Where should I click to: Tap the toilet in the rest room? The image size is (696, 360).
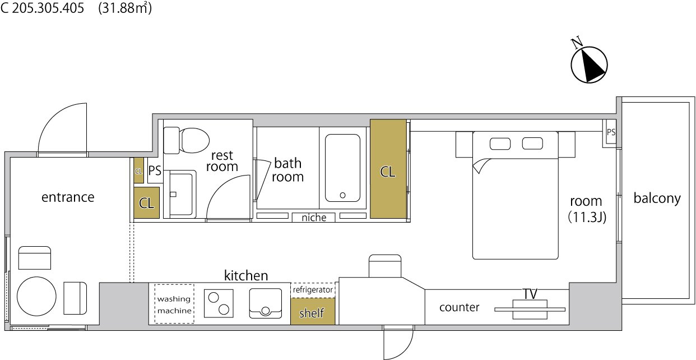187,141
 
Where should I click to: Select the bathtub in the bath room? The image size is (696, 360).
342,168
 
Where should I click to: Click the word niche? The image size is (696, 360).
314,218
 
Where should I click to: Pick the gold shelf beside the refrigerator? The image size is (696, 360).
313,311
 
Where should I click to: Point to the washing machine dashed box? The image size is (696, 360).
174,304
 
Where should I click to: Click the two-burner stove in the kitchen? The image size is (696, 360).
219,303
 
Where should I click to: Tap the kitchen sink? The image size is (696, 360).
266,303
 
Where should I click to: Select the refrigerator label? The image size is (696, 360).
313,290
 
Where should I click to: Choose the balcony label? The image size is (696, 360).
657,199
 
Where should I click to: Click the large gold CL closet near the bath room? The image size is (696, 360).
388,169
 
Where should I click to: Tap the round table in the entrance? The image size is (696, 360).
36,296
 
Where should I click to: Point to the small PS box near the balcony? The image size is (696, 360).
610,133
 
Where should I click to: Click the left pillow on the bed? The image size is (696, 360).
500,144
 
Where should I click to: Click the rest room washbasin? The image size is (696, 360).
181,194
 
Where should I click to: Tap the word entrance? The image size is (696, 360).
68,197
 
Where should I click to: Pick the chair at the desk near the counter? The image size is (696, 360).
385,266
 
